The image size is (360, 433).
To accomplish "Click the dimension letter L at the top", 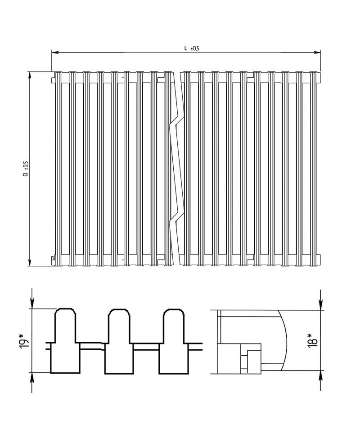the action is (186, 48).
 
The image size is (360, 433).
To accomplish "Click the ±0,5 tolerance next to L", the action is (195, 49).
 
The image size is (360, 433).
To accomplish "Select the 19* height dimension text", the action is (24, 341).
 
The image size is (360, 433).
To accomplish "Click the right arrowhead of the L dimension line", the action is (317, 52).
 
